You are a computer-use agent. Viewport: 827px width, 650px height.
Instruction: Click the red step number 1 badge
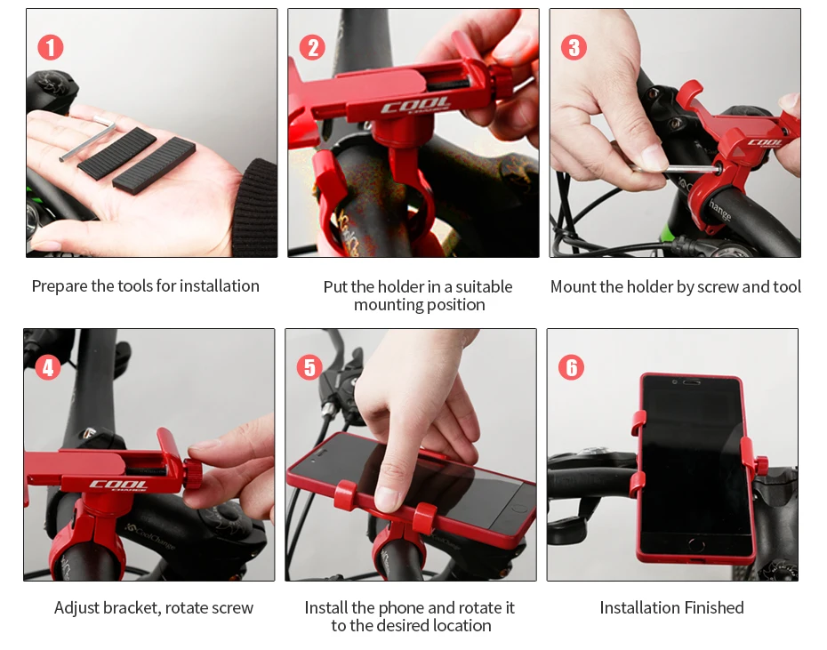(x=51, y=47)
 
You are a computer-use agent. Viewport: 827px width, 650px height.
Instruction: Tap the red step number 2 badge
(x=312, y=47)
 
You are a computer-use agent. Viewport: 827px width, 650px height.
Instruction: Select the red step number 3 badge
(x=574, y=47)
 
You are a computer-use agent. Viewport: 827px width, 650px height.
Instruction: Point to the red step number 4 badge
(x=48, y=367)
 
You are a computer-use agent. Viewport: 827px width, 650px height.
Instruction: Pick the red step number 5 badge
(x=309, y=367)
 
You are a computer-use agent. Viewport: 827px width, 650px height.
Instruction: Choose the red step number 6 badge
(x=571, y=367)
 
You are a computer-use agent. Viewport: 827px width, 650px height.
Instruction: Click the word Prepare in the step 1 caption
(x=59, y=286)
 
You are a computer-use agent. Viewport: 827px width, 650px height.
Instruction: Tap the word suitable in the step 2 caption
(x=484, y=286)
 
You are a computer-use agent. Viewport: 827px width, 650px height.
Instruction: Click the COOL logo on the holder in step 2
(x=415, y=106)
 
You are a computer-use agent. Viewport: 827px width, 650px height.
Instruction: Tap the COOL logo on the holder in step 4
(x=118, y=485)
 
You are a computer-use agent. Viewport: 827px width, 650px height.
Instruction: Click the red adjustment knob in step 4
(x=192, y=473)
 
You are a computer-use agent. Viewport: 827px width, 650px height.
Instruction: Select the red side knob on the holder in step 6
(x=761, y=465)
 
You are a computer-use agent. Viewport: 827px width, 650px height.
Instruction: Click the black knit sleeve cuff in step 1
(x=257, y=208)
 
